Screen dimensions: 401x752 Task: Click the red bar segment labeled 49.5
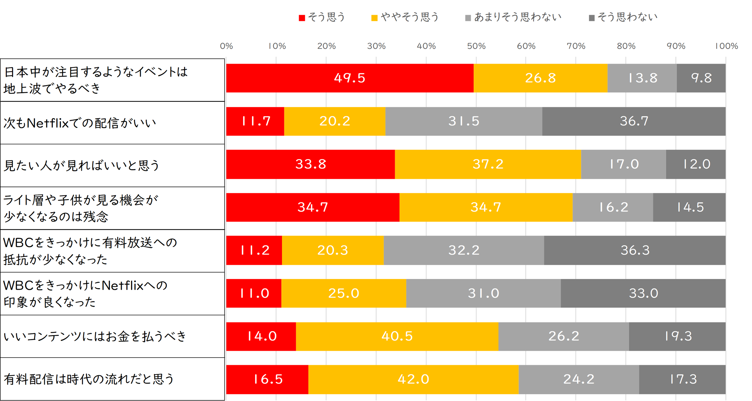(350, 78)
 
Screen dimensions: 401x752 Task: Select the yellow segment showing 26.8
(540, 78)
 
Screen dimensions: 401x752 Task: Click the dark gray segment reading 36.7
(634, 121)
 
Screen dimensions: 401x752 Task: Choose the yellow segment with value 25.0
(344, 293)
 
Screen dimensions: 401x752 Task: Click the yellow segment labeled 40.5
(397, 336)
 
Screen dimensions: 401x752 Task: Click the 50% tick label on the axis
(476, 46)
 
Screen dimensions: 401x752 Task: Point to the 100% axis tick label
(726, 46)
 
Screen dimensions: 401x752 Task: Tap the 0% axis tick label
(226, 46)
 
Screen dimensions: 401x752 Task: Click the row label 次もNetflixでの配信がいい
(80, 123)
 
